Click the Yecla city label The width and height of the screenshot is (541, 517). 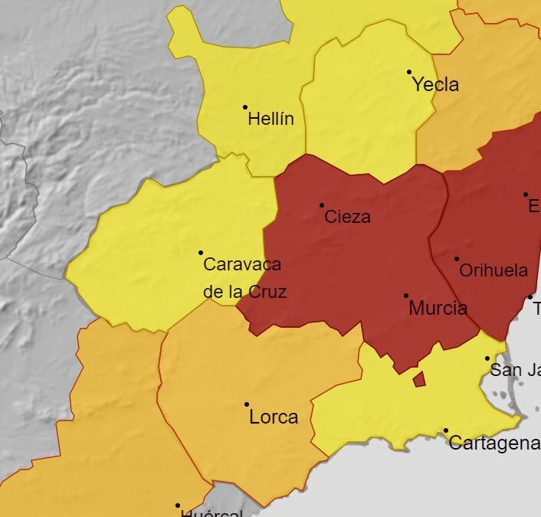click(x=435, y=84)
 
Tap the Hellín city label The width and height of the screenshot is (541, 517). click(x=270, y=119)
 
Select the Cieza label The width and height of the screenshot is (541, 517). click(x=347, y=217)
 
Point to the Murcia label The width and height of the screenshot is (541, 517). click(x=438, y=309)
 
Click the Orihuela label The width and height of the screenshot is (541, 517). click(x=493, y=270)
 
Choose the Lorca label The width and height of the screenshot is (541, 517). click(x=274, y=417)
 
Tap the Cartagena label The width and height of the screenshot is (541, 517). click(x=494, y=443)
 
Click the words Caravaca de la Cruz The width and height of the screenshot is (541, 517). click(x=244, y=278)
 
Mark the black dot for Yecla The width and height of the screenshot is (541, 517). click(x=409, y=72)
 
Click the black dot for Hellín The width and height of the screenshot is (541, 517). click(x=245, y=107)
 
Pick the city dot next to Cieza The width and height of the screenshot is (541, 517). click(x=322, y=205)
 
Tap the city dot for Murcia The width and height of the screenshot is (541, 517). click(x=406, y=296)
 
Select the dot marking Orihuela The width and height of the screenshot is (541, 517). click(x=457, y=259)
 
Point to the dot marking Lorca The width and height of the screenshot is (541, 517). click(x=247, y=404)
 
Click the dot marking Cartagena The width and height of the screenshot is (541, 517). click(x=446, y=430)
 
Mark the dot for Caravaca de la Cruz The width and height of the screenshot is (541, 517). click(x=201, y=253)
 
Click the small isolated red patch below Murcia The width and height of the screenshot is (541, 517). click(x=419, y=379)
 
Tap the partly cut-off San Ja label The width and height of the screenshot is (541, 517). click(x=515, y=371)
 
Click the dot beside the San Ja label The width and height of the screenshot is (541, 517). click(x=487, y=358)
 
